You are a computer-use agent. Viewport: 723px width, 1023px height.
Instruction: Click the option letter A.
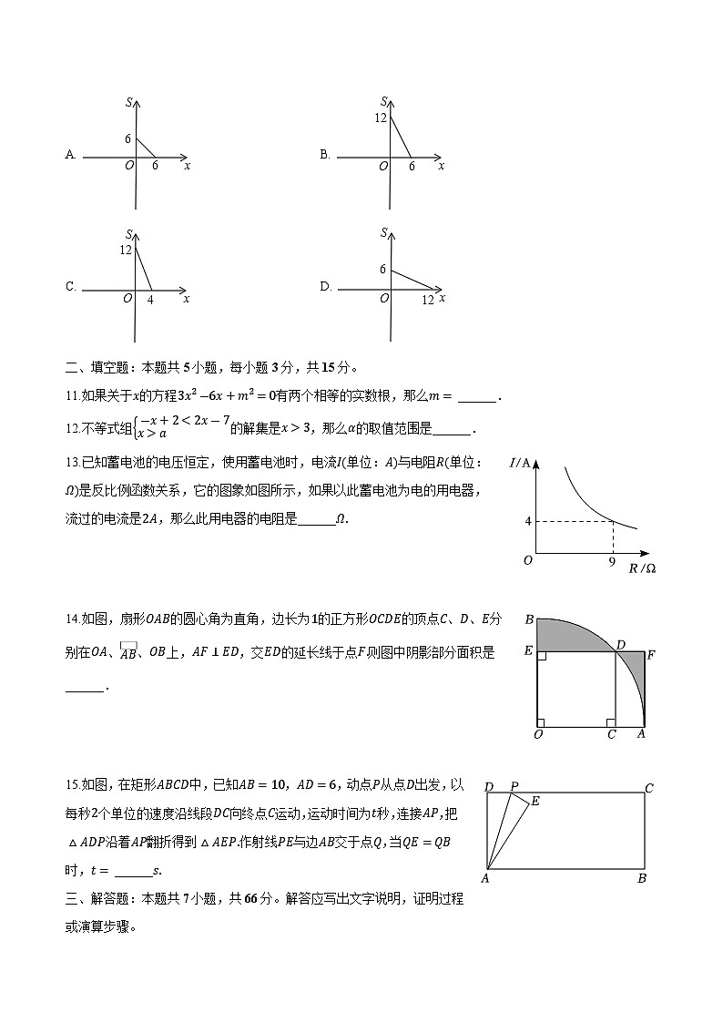tap(70, 155)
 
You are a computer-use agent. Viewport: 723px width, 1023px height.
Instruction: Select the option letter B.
tap(324, 155)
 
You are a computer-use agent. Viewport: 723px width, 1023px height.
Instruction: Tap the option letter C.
tap(70, 287)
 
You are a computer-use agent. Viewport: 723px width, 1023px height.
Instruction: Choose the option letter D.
tap(325, 287)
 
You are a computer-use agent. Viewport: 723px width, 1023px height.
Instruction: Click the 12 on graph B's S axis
tap(381, 118)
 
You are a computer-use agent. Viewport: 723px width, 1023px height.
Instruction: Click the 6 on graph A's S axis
tap(128, 138)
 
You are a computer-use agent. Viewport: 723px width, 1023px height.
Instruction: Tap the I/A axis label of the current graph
tap(521, 464)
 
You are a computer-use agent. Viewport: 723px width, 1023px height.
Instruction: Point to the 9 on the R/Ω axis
tap(612, 562)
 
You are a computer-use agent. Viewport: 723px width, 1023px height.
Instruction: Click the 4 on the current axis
tap(527, 521)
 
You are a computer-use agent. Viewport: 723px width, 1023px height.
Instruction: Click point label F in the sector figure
tap(651, 654)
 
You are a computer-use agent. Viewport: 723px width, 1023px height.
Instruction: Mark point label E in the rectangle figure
tap(535, 801)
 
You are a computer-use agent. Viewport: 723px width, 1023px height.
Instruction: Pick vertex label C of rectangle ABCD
tap(649, 788)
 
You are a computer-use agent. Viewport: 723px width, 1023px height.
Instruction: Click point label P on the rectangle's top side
tap(514, 786)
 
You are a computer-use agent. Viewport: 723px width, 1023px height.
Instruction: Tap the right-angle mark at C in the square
tap(611, 722)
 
